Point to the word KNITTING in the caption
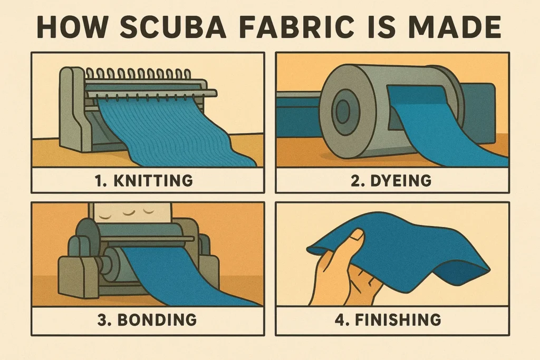pyautogui.click(x=153, y=180)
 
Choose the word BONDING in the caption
pyautogui.click(x=157, y=319)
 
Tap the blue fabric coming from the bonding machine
pyautogui.click(x=179, y=275)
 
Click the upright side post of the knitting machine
pyautogui.click(x=72, y=110)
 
